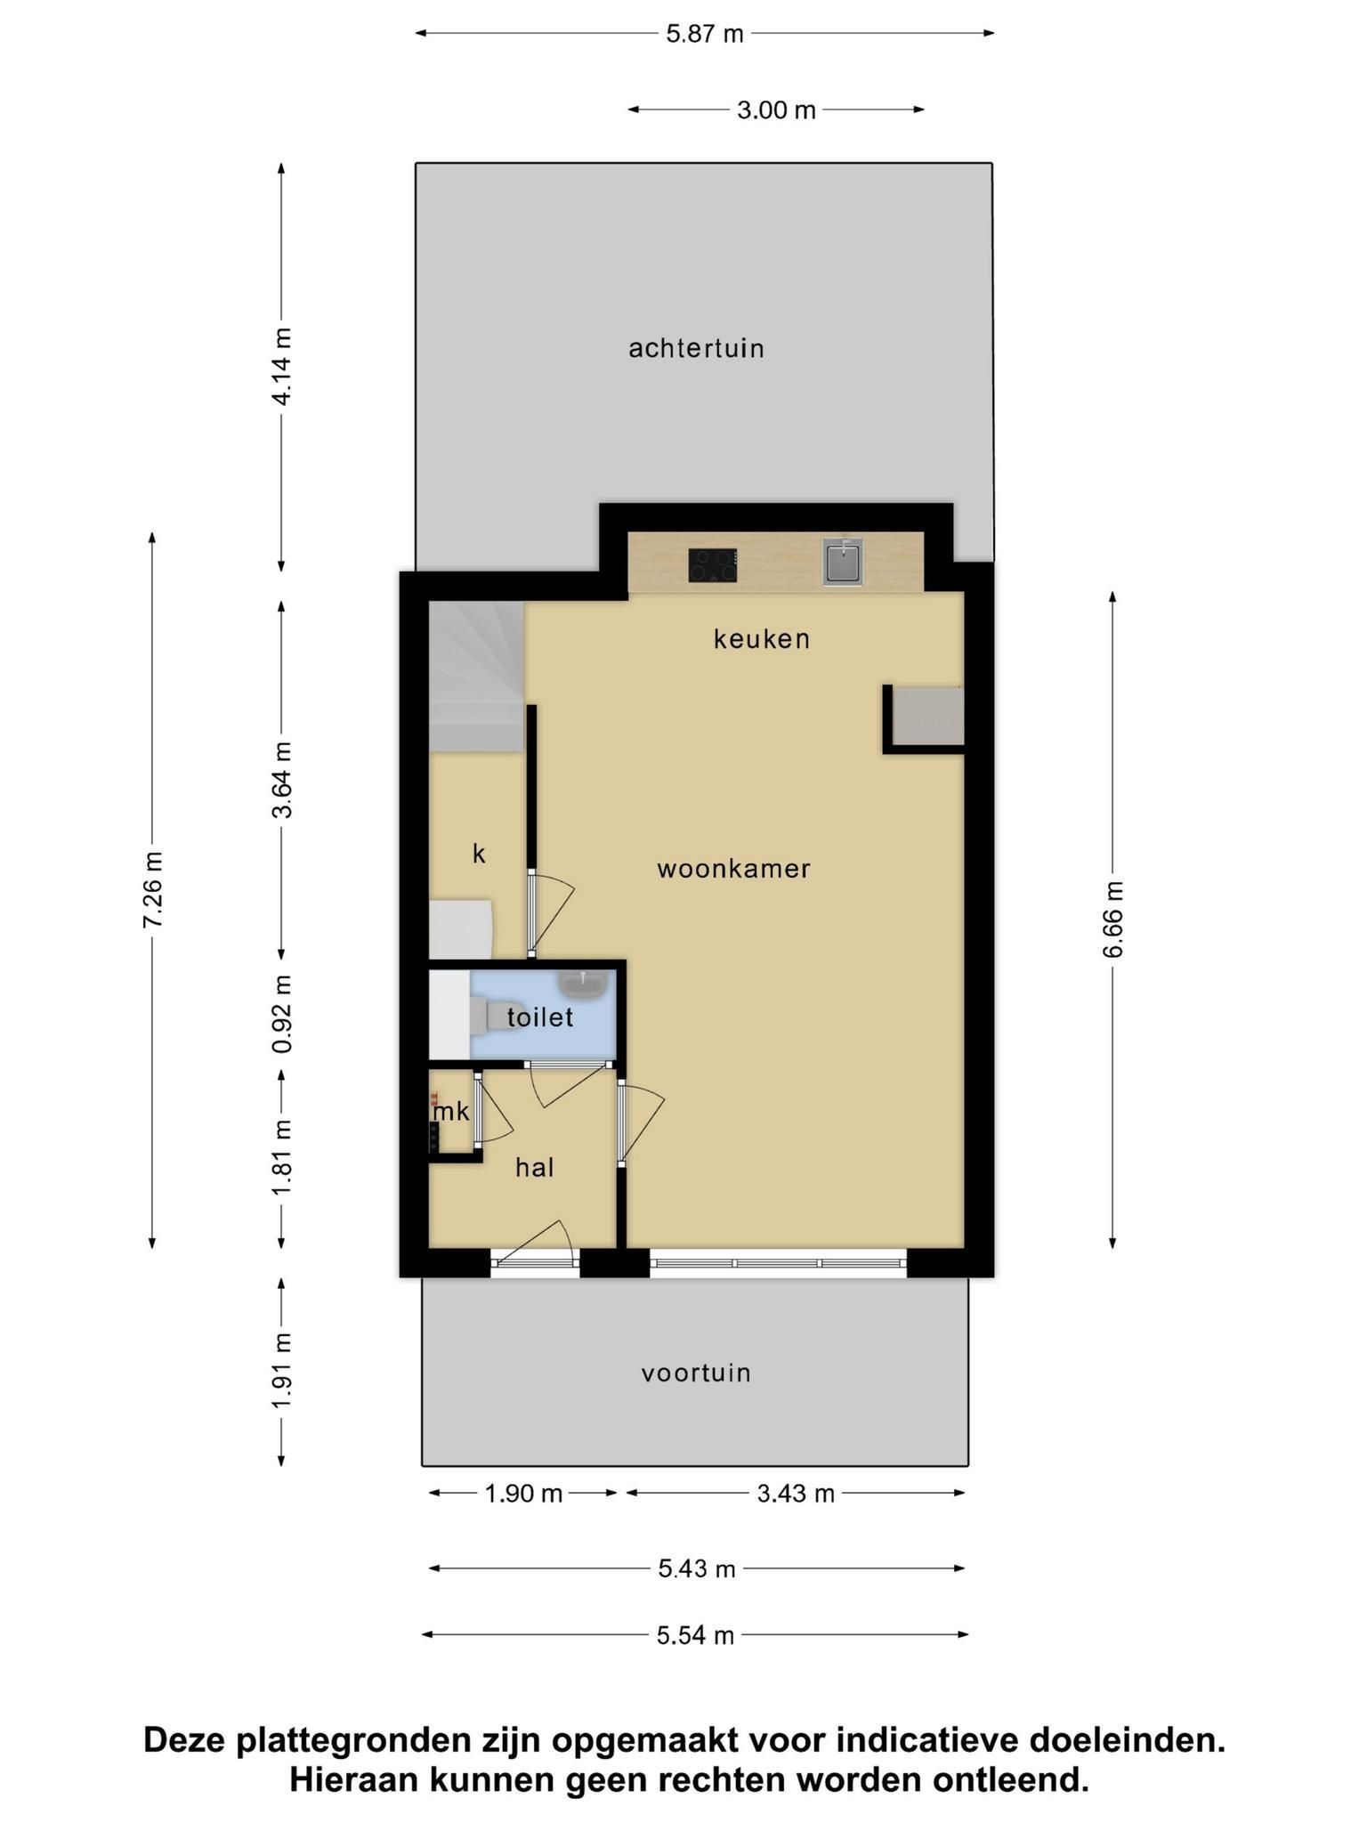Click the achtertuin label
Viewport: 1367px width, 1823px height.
[x=696, y=348]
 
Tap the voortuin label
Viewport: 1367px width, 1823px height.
[x=696, y=1373]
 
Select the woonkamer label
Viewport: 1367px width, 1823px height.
[x=734, y=869]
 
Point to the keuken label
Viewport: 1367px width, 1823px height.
[x=762, y=638]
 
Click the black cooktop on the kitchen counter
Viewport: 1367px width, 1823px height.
[x=713, y=565]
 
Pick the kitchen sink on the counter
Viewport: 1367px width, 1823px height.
[x=843, y=562]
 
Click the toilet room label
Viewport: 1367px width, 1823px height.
[x=540, y=1017]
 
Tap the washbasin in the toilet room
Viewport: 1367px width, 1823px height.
[x=583, y=984]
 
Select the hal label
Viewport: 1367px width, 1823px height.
[x=535, y=1167]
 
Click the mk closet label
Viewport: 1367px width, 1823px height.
[x=451, y=1111]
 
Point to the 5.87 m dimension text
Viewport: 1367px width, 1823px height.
[x=705, y=34]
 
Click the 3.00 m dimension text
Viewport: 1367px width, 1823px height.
[x=776, y=109]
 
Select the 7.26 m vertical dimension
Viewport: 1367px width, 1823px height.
[x=152, y=890]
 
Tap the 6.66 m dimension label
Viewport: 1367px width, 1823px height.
[x=1112, y=920]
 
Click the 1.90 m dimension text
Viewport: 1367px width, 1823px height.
[x=523, y=1493]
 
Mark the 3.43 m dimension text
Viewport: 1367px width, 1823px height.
[x=796, y=1493]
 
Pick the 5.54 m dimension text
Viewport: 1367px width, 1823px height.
[x=696, y=1635]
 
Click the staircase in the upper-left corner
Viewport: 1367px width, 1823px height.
[x=476, y=677]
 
